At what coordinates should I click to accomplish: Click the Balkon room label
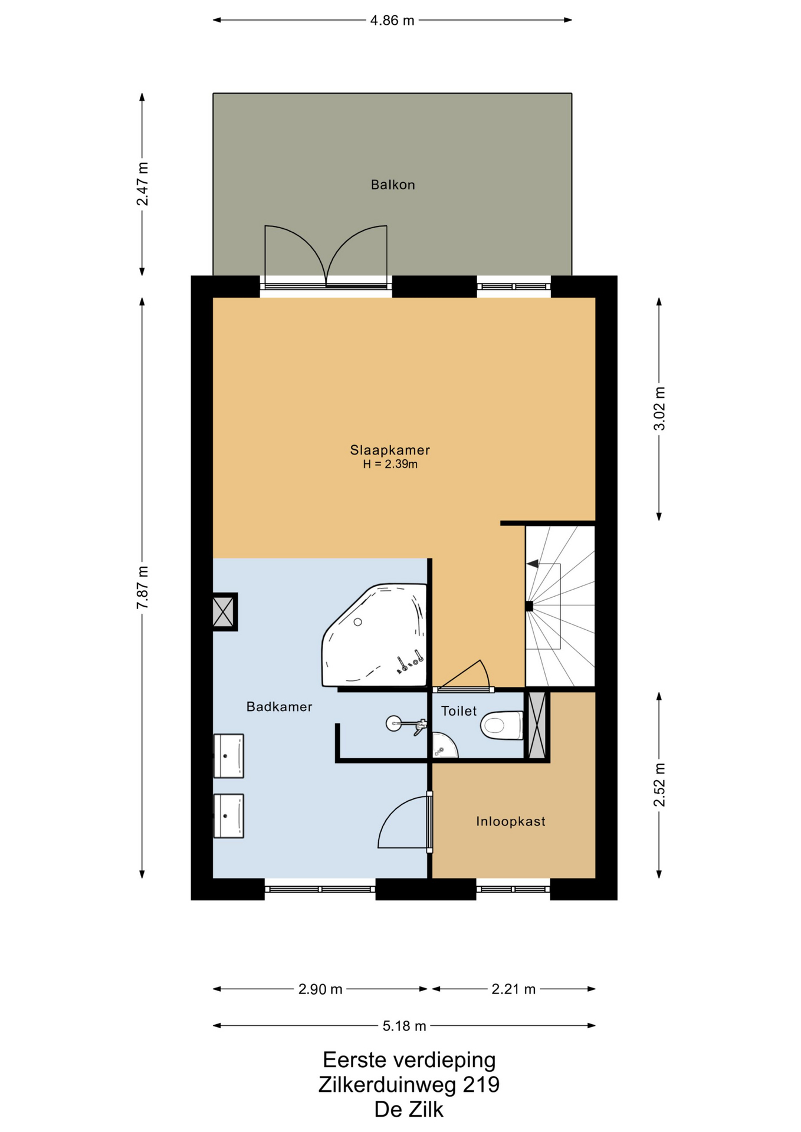(x=393, y=185)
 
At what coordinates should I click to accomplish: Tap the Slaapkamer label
(x=390, y=450)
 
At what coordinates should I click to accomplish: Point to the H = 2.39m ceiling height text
(x=390, y=464)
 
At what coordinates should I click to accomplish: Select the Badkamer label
(x=279, y=706)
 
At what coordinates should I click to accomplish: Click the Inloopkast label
(x=511, y=821)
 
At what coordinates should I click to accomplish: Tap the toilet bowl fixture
(x=502, y=725)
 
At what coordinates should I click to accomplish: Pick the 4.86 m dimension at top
(x=392, y=21)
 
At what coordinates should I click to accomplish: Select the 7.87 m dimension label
(x=142, y=588)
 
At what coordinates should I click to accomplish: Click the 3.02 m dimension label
(x=659, y=409)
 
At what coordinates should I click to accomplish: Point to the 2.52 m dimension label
(x=659, y=785)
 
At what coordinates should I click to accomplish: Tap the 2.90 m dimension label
(x=320, y=989)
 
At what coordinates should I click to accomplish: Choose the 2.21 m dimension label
(x=514, y=989)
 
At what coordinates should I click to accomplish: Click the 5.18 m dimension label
(x=404, y=1026)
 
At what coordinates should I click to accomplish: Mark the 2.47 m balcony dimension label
(x=142, y=183)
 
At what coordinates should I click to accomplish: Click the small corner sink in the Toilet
(x=444, y=745)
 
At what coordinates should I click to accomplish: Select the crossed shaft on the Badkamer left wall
(x=224, y=612)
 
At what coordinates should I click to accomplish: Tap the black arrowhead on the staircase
(x=532, y=564)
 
